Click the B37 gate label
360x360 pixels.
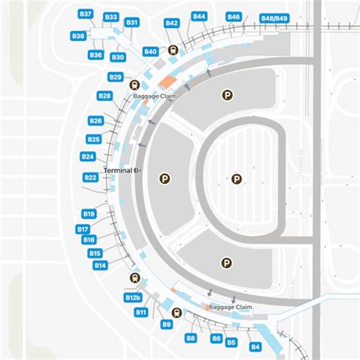[86, 14]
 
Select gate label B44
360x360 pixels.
[199, 16]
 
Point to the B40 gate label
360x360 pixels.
[150, 51]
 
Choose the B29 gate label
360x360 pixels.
[115, 77]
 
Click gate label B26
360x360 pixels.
[95, 121]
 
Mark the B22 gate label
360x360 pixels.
[90, 178]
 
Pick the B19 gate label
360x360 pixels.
[89, 214]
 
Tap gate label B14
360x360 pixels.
[99, 265]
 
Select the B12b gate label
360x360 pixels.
[133, 298]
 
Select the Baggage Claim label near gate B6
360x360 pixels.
[229, 307]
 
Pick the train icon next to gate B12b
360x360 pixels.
[135, 278]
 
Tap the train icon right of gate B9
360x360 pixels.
[176, 311]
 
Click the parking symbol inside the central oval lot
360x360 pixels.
[237, 179]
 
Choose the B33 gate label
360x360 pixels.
[111, 17]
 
